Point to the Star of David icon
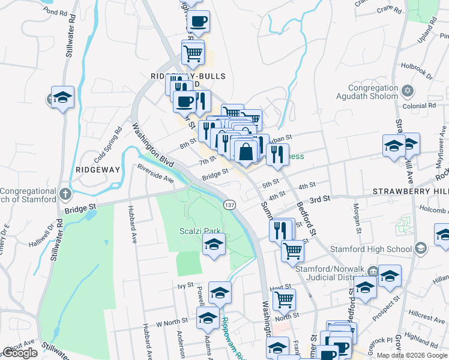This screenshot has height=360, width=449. [408, 91]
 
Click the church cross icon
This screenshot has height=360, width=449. [65, 194]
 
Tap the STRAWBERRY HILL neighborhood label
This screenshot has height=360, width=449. [410, 191]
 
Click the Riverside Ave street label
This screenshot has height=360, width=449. [155, 173]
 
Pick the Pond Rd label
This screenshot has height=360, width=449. [55, 12]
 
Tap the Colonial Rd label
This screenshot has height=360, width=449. [419, 106]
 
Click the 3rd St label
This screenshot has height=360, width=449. [320, 199]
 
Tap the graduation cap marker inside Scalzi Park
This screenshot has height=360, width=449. [214, 245]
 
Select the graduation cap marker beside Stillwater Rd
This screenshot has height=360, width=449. [62, 98]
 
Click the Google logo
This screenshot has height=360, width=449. [20, 353]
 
